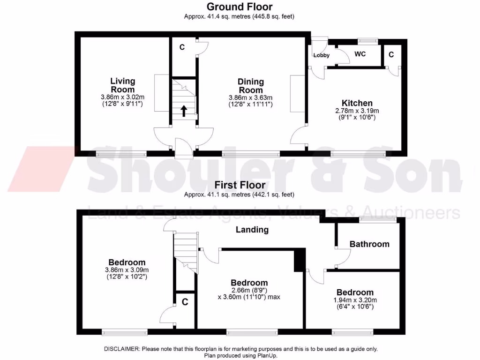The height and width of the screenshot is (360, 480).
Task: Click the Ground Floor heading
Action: tap(240, 7)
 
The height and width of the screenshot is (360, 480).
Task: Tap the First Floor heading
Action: tap(240, 185)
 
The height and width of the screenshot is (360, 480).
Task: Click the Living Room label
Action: tap(123, 85)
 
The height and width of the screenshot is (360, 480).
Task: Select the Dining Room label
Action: tap(251, 86)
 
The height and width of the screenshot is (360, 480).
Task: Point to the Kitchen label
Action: tap(357, 103)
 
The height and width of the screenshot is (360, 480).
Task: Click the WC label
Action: tap(360, 54)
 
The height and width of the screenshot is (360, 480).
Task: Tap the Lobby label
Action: tap(322, 55)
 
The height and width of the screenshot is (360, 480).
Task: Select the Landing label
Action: tap(252, 230)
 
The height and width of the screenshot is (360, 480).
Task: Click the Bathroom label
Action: tap(369, 244)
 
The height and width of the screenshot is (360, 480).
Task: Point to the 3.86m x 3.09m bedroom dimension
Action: tap(127, 270)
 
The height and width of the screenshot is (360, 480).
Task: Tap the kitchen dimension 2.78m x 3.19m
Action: tap(357, 111)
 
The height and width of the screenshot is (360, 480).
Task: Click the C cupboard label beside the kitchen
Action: tap(391, 55)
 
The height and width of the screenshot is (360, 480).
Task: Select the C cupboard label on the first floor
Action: tap(185, 302)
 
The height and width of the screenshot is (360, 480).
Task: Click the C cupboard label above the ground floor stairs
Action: tap(182, 47)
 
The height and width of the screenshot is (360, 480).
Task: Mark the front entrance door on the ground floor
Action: tap(183, 148)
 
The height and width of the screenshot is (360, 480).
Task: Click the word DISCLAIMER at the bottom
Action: tap(121, 349)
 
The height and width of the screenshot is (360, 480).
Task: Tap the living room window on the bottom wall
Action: tap(121, 153)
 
